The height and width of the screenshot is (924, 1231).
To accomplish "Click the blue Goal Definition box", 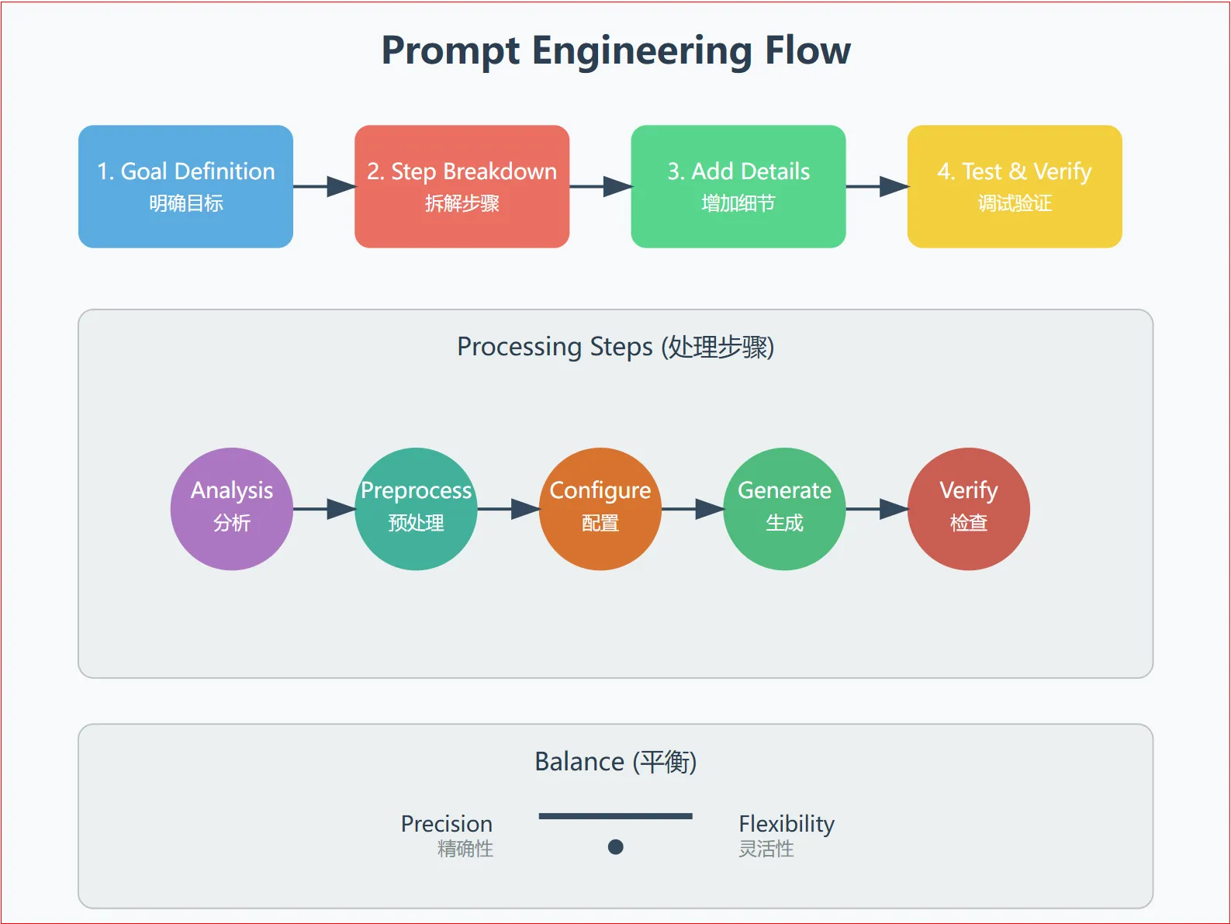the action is point(185,186).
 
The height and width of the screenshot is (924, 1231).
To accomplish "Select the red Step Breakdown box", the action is point(462,186).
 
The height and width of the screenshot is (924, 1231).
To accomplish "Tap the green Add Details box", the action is point(738,186).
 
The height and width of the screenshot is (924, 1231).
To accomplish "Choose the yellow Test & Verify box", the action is point(1015,186).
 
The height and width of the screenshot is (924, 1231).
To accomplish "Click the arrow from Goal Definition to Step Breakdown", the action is point(324,186).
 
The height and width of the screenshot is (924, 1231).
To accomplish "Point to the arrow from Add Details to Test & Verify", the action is point(877,186).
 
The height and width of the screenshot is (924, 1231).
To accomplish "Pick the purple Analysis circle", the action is point(232,508).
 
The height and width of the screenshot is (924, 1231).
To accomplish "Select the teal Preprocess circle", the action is point(416,508).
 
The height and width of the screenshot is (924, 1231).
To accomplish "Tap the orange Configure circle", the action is point(600,508).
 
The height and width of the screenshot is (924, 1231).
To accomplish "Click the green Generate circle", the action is point(784,508).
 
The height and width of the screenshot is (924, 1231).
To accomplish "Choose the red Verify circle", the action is point(969,508).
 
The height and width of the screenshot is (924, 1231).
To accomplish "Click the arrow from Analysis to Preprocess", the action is point(324,508).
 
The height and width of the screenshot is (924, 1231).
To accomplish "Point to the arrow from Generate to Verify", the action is point(877,508).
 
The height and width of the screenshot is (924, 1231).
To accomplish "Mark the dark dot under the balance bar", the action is point(616,846).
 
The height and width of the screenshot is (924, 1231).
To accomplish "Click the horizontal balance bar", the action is point(616,816).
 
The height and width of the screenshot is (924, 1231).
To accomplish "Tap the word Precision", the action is point(447,824).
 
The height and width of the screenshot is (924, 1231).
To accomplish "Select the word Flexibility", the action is point(787,824).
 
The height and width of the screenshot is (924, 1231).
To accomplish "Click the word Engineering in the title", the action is point(642,51).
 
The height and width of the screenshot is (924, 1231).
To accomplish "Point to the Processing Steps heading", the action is point(616,347).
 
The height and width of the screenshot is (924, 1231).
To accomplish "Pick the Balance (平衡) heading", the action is point(616,762).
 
